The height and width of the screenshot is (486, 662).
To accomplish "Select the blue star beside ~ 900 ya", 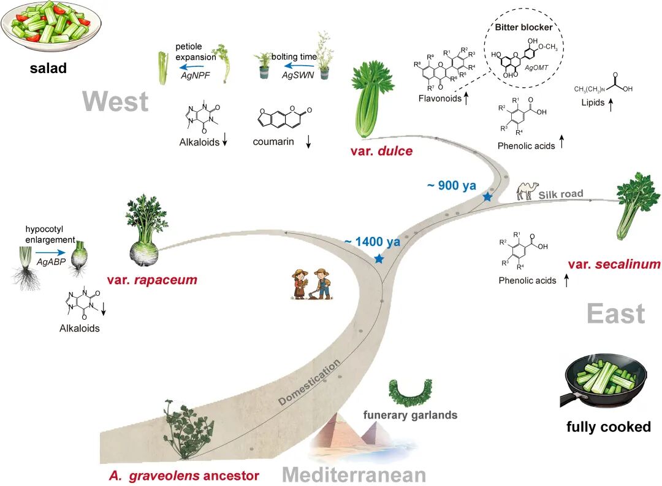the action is point(488,196).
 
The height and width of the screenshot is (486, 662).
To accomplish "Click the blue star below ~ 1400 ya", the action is point(379,258).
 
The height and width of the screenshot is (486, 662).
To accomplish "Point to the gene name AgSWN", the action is point(298,75).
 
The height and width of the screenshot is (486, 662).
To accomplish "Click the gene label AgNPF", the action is point(195,75).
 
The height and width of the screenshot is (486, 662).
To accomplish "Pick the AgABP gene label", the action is point(51,261).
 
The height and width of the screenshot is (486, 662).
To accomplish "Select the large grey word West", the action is point(116,101).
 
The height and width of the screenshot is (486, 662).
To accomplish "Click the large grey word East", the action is point(615,314).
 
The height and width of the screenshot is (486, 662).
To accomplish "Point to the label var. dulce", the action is point(381,151).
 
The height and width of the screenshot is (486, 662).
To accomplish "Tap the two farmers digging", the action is point(311,284).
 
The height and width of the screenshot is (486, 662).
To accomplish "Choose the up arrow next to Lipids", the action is point(611,104).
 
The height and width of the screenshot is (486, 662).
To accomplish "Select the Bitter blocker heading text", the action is point(523,28).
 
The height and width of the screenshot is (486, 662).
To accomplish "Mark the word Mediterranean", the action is point(354,474).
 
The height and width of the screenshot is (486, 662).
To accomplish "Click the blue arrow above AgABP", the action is point(51,253).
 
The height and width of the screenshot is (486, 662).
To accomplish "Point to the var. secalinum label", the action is point(614,264).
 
